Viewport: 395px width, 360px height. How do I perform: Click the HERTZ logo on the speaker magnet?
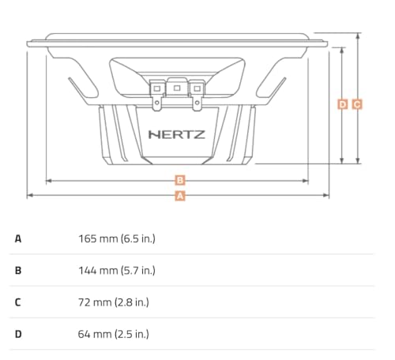[x=177, y=134]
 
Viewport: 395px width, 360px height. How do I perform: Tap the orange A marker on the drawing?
[x=180, y=195]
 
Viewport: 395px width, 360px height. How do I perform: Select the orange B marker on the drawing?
[x=180, y=181]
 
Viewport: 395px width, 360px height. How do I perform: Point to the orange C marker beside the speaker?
[x=357, y=103]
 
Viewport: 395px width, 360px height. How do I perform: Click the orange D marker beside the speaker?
[x=342, y=103]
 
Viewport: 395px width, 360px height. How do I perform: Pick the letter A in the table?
[x=18, y=238]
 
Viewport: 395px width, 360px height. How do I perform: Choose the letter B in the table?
[x=18, y=270]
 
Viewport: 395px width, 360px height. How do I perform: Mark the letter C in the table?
[x=18, y=302]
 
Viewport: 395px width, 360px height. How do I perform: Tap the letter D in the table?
[x=18, y=334]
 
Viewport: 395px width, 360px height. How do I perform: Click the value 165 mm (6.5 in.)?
[x=117, y=238]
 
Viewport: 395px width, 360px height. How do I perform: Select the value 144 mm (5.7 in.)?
[x=117, y=270]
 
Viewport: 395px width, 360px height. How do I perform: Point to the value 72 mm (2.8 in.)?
[x=114, y=302]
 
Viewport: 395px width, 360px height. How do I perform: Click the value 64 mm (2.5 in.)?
[x=114, y=334]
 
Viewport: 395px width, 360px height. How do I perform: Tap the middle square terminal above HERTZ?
[x=177, y=88]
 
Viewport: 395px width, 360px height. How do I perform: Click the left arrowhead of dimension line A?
[x=30, y=195]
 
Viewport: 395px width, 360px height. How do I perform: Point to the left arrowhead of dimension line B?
[x=49, y=181]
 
